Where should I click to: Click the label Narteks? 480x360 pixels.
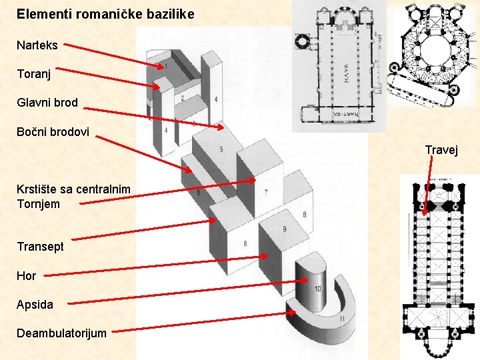click(37, 45)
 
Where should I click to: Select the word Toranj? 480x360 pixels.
click(33, 74)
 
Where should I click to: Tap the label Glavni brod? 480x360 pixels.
click(47, 103)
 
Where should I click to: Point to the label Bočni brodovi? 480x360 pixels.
click(53, 131)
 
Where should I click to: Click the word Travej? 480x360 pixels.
click(441, 150)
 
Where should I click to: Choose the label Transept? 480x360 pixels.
click(41, 246)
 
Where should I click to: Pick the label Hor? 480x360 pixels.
click(27, 275)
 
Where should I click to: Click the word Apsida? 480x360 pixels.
click(35, 305)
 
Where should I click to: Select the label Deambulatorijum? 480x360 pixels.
click(61, 333)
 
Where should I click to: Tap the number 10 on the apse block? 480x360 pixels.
click(317, 289)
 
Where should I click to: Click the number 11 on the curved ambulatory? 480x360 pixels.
click(341, 319)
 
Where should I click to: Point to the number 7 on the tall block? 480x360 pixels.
click(266, 193)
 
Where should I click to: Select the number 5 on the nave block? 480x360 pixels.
click(221, 148)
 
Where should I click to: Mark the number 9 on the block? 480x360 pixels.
click(285, 229)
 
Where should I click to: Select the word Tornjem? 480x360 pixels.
click(38, 204)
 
